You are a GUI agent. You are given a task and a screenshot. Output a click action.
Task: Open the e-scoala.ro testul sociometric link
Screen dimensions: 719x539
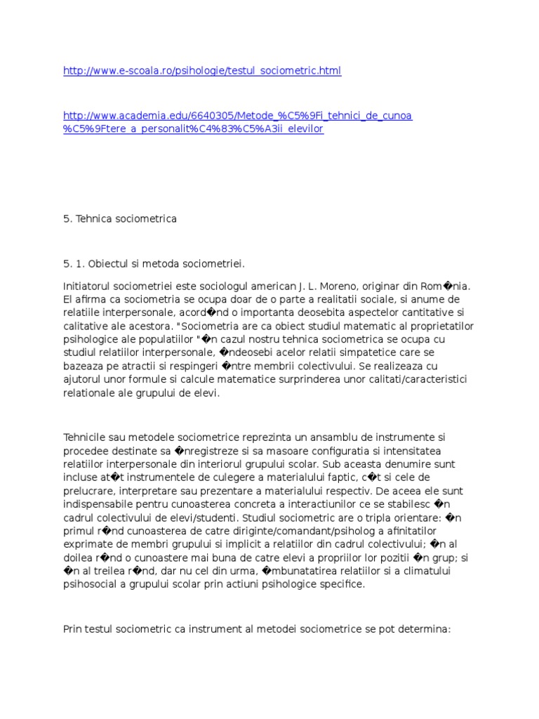coord(202,72)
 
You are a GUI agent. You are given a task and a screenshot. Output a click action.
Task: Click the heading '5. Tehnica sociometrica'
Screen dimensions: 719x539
coord(120,219)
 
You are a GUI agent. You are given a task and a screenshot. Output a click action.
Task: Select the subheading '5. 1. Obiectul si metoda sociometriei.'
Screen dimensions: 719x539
coord(154,264)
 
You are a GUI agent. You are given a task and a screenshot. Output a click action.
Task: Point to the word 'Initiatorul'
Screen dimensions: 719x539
coord(88,286)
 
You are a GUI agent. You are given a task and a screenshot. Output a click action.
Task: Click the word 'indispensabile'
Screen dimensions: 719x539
coord(98,504)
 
